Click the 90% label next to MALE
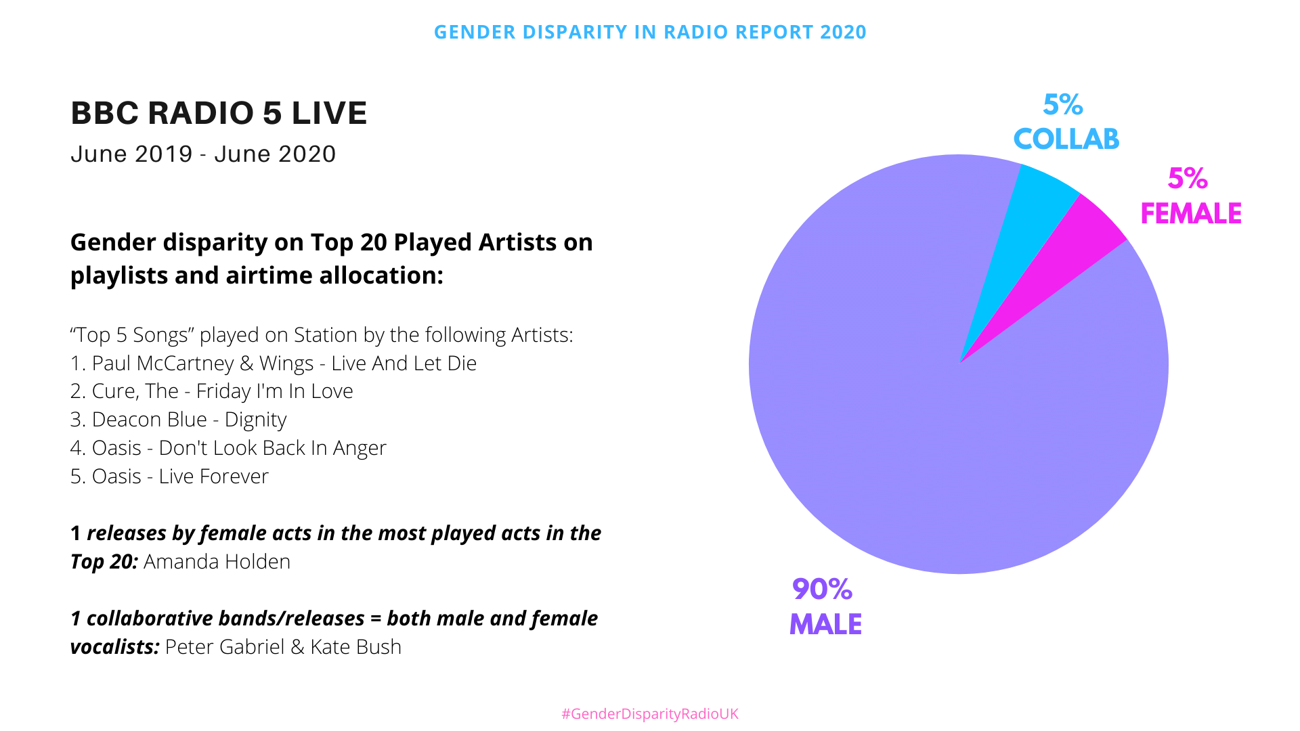pyautogui.click(x=822, y=590)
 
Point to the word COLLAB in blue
pyautogui.click(x=1066, y=139)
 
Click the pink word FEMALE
pyautogui.click(x=1191, y=214)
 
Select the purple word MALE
pyautogui.click(x=825, y=624)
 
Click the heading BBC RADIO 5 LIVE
pyautogui.click(x=219, y=113)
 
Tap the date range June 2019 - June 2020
pyautogui.click(x=203, y=154)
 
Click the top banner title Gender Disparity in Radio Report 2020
pyautogui.click(x=650, y=32)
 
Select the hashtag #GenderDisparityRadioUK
pyautogui.click(x=650, y=713)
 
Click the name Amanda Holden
pyautogui.click(x=217, y=562)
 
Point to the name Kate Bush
pyautogui.click(x=355, y=647)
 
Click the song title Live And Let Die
pyautogui.click(x=404, y=363)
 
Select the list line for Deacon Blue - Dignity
pyautogui.click(x=179, y=420)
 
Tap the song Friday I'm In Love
pyautogui.click(x=274, y=391)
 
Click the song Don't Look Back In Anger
pyautogui.click(x=272, y=448)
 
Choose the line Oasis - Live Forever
pyautogui.click(x=169, y=477)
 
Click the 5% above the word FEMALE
pyautogui.click(x=1188, y=179)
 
